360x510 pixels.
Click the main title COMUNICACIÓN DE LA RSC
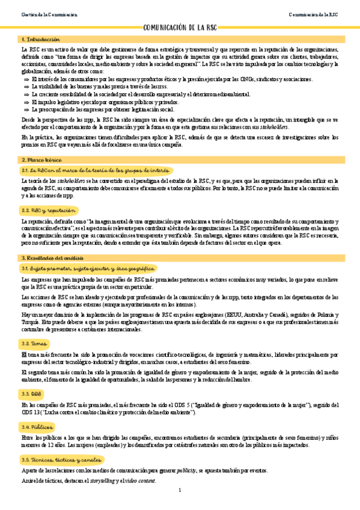pyautogui.click(x=180, y=28)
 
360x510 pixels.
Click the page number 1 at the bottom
pyautogui.click(x=180, y=491)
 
